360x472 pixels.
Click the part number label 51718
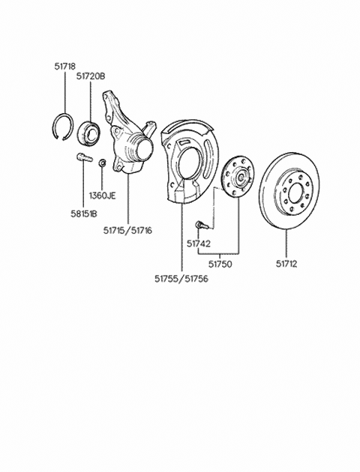64,66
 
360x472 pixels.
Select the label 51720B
91,76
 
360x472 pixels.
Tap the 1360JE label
103,196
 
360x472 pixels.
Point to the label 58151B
84,214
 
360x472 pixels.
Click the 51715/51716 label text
127,231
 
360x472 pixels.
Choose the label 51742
199,243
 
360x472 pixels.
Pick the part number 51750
220,264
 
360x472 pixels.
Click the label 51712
286,264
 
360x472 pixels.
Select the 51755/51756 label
181,279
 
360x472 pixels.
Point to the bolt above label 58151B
84,158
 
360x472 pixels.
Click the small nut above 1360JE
103,163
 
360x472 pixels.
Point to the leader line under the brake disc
286,244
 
